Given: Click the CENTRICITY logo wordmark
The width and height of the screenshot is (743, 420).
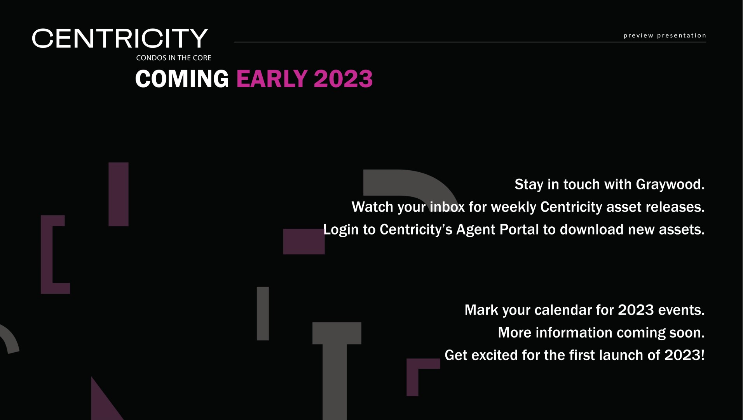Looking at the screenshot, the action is (x=120, y=38).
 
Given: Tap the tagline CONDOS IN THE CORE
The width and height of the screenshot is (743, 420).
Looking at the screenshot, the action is (x=174, y=58).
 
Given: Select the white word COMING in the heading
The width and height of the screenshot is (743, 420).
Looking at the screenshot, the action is (x=182, y=79).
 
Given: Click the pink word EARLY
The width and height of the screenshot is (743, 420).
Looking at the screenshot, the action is (x=272, y=79).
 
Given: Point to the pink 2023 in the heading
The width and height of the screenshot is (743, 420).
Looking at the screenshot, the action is (x=343, y=79).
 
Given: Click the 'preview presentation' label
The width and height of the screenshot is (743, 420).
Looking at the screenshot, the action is (x=665, y=35).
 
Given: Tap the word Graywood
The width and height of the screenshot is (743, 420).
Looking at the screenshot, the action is (x=670, y=185).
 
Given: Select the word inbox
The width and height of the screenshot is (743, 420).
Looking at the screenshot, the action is (x=447, y=207).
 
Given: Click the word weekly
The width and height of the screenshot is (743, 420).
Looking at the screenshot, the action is (x=514, y=207).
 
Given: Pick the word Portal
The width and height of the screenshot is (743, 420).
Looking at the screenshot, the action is (x=519, y=229).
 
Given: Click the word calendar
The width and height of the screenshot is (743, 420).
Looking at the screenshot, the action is (x=563, y=310).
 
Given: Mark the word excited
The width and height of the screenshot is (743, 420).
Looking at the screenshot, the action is (x=495, y=355).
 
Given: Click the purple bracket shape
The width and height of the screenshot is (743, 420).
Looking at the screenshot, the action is (x=47, y=254).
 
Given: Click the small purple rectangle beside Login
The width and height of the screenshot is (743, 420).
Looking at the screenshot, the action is (x=304, y=241).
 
